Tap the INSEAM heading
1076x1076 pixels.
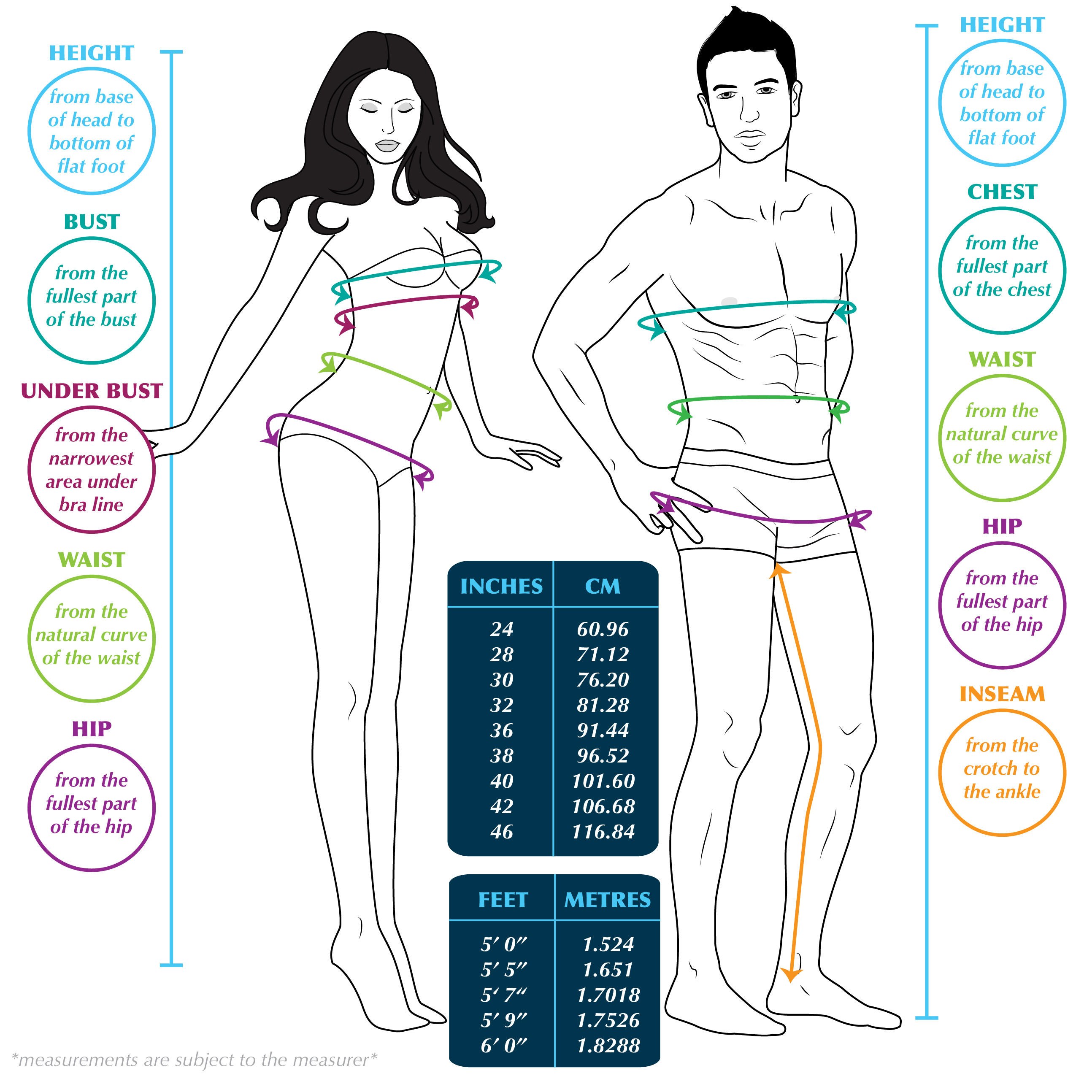[1001, 694]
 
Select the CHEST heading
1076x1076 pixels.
[1001, 192]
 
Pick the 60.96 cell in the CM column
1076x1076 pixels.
[603, 629]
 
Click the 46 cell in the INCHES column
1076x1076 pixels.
[501, 832]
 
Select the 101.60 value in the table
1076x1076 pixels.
[603, 781]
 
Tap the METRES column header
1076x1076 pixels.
[607, 900]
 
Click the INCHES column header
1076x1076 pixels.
[501, 587]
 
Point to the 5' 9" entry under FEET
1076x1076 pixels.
[503, 1020]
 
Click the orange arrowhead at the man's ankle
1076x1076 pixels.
[790, 975]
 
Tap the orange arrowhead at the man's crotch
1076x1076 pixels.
[779, 570]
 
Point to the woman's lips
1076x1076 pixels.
[387, 146]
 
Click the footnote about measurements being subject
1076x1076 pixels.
[195, 1059]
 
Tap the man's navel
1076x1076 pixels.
[798, 399]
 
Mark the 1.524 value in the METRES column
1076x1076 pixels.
[608, 944]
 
